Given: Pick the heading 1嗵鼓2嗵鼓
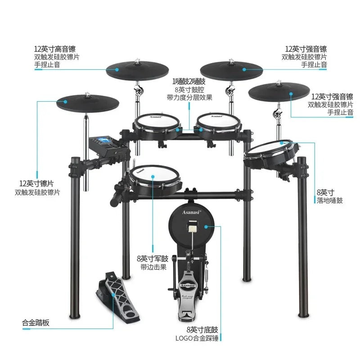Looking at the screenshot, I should click(x=189, y=81).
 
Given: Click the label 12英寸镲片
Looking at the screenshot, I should click(x=36, y=184).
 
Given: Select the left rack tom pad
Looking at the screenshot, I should click(x=157, y=121).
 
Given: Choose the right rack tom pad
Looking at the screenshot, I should click(x=218, y=119).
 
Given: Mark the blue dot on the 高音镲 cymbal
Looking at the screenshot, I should click(x=117, y=70).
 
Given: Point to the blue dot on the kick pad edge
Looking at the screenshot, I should click(x=221, y=226).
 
